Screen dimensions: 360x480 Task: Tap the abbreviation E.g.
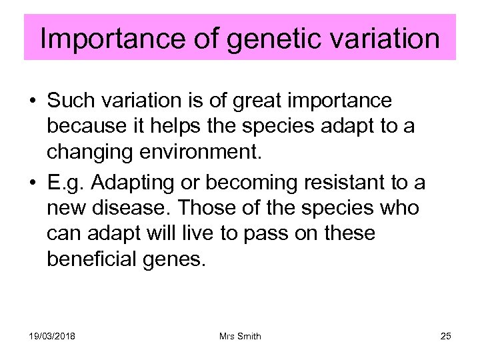coord(67,183)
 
